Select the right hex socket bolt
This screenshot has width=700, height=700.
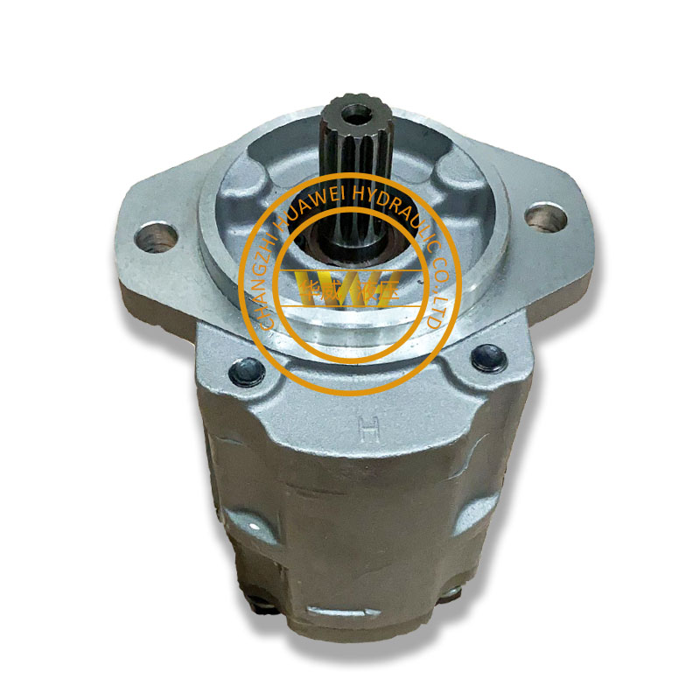point(486,356)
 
